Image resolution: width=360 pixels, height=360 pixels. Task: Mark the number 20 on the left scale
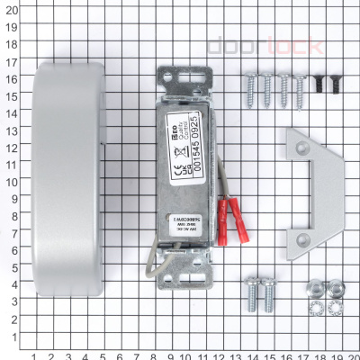point(11,9)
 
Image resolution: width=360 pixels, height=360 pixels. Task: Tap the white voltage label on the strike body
point(184,221)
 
